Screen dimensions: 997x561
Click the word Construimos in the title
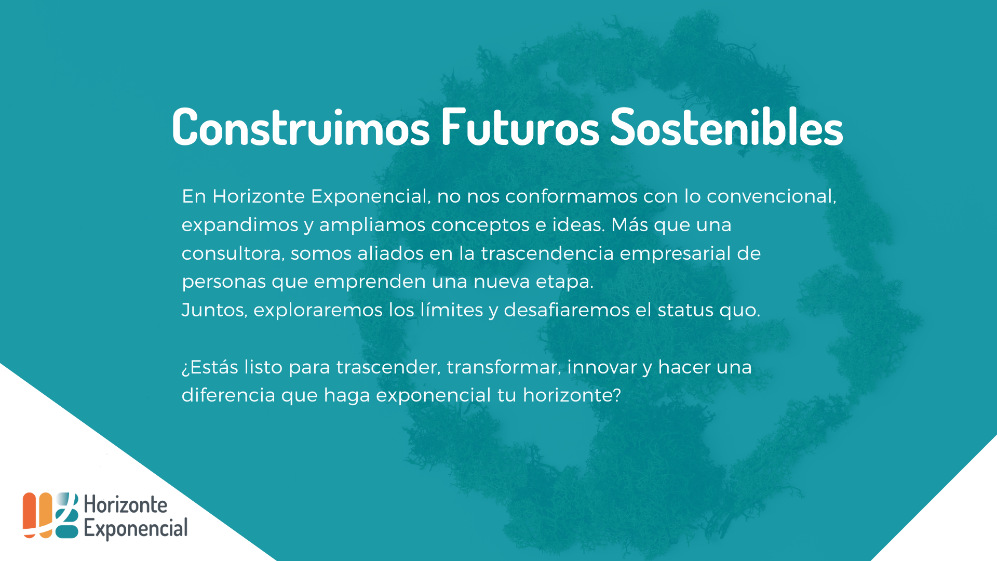[x=301, y=126]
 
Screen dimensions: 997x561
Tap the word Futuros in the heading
[x=520, y=126]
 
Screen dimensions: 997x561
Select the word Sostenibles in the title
[x=726, y=126]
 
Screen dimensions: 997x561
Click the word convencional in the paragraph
[x=771, y=196]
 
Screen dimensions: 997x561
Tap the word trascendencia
[x=547, y=253]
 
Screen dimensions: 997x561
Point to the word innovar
[x=602, y=367]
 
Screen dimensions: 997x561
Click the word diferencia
[x=228, y=395]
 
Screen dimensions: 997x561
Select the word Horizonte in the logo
[x=126, y=504]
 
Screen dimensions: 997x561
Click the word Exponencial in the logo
[x=136, y=529]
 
